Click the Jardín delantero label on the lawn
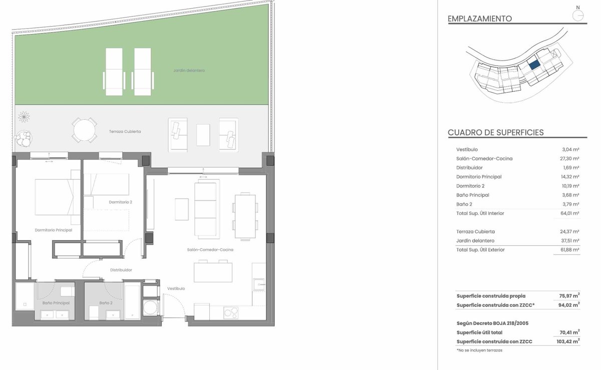[x=189, y=71]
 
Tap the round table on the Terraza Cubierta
[x=84, y=130]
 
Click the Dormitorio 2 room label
[x=121, y=202]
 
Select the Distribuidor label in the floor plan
[x=121, y=270]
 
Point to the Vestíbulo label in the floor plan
[x=176, y=289]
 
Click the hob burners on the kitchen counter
[x=231, y=312]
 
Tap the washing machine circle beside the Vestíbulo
[x=149, y=308]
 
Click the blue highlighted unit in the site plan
[x=534, y=65]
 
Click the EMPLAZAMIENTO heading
[x=480, y=19]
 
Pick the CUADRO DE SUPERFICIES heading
[x=495, y=133]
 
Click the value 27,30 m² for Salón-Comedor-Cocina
[x=569, y=159]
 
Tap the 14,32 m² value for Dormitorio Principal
[x=569, y=177]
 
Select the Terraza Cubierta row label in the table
[x=475, y=232]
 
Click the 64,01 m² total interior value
[x=569, y=214]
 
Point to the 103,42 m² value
[x=568, y=341]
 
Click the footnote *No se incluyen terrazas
[x=479, y=350]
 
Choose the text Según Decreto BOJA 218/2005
[x=492, y=323]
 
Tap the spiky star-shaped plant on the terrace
[x=24, y=117]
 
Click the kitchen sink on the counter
[x=259, y=285]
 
